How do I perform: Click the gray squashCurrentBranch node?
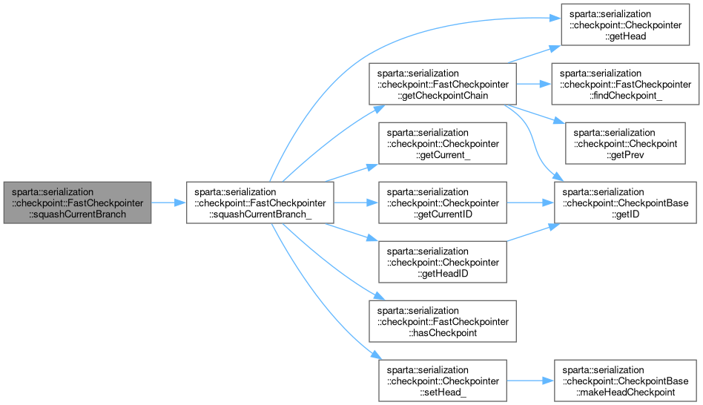(x=77, y=201)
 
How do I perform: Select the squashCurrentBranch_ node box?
(x=259, y=201)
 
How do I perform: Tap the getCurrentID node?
(x=443, y=201)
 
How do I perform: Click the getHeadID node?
(x=443, y=261)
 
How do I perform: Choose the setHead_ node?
(x=443, y=381)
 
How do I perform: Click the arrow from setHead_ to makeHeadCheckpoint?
(x=529, y=381)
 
